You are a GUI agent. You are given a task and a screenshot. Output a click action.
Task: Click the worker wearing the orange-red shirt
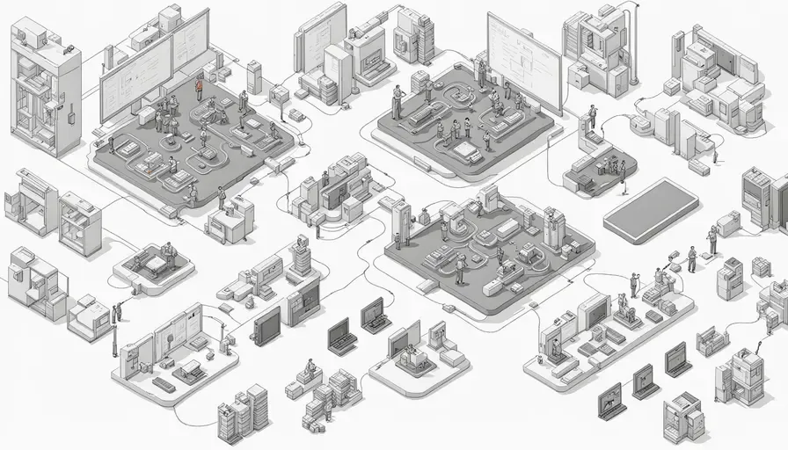199,88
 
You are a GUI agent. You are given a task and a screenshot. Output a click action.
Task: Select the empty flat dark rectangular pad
651,209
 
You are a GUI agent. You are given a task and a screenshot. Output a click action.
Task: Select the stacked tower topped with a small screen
301,255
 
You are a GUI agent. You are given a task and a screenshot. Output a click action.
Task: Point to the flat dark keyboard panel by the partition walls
164,384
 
